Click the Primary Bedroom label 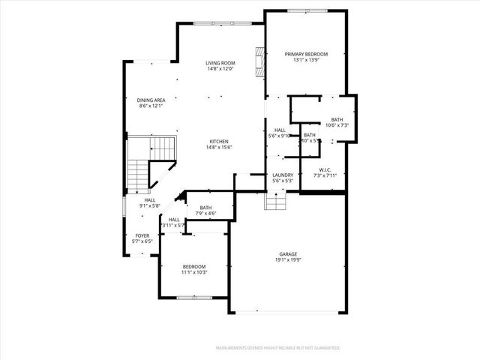[306, 55]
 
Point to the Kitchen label [219, 141]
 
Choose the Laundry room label [282, 175]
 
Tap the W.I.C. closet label [325, 169]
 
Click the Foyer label [142, 235]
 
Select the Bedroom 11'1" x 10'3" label [194, 266]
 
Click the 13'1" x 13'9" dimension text [306, 61]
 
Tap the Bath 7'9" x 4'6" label [205, 208]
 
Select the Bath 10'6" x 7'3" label [337, 119]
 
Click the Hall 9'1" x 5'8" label [150, 200]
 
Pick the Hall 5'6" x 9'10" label [280, 130]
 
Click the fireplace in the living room [259, 63]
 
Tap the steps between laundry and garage [276, 202]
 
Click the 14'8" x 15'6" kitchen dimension [219, 147]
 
